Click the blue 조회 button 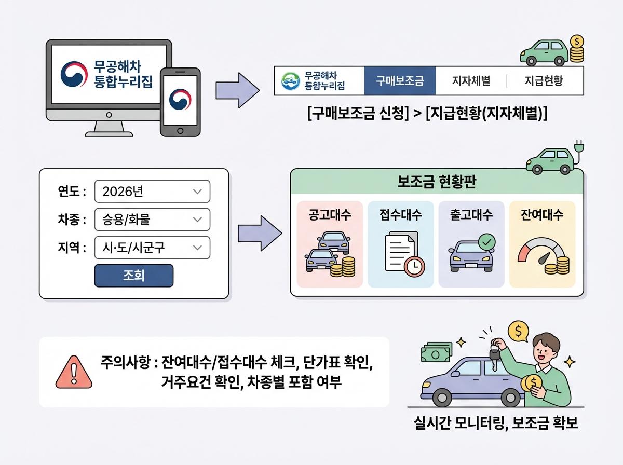click(x=133, y=276)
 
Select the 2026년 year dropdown click(x=152, y=191)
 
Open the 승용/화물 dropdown click(x=152, y=220)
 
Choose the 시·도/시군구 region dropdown click(x=152, y=248)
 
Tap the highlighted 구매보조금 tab click(x=400, y=81)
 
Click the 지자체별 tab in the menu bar click(x=471, y=81)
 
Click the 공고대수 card click(x=330, y=244)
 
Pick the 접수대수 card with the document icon click(x=400, y=244)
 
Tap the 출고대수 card click(x=471, y=244)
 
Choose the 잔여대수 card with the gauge click(x=542, y=244)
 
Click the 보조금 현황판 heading click(x=437, y=183)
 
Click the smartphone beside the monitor click(x=180, y=102)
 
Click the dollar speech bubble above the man click(x=517, y=330)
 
